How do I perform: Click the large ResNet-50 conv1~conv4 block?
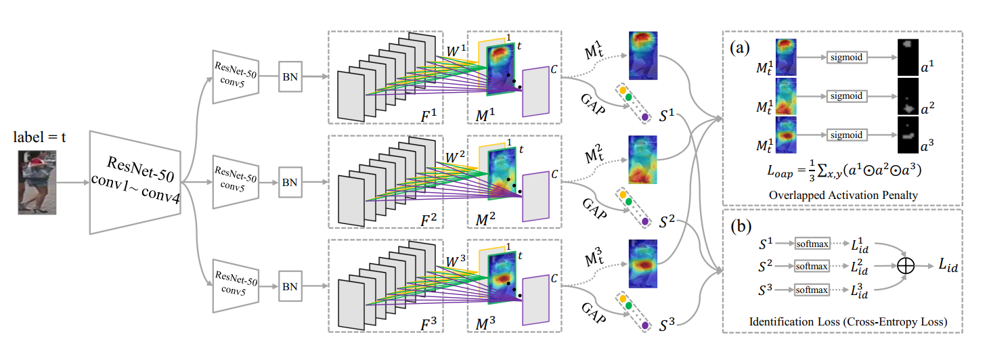tap(135, 182)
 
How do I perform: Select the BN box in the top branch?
tap(289, 76)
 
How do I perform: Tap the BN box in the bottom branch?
tap(289, 286)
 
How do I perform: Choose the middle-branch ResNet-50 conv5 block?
tap(236, 181)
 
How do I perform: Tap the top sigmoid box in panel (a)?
tap(846, 57)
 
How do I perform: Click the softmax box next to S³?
tap(812, 290)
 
